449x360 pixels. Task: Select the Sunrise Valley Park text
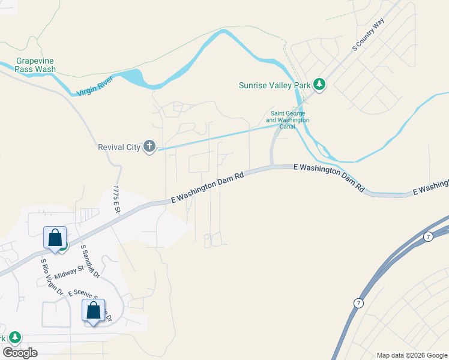point(274,85)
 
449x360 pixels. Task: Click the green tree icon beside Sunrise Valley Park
point(320,85)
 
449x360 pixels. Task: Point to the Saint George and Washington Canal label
point(288,116)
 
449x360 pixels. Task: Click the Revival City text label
point(119,147)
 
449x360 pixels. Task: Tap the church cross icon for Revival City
point(149,146)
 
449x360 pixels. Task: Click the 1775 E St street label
point(116,199)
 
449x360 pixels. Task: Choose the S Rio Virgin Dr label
point(52,277)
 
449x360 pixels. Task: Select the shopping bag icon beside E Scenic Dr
point(93,311)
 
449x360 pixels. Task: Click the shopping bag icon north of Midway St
point(55,238)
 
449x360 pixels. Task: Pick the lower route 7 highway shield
point(358,303)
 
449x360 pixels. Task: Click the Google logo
point(20,353)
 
